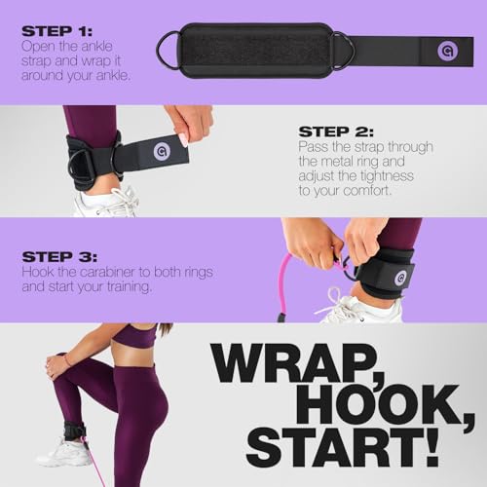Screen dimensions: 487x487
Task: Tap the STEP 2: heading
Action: [341, 131]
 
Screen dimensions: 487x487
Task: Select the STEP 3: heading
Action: [61, 256]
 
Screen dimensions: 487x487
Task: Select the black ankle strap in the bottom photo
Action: [74, 430]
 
